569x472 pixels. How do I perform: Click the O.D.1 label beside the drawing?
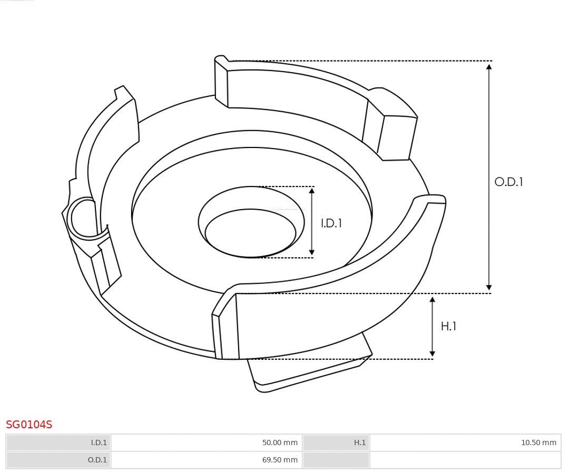(x=508, y=182)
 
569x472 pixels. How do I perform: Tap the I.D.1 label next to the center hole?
(x=331, y=223)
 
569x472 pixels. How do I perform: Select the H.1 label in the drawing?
(x=448, y=327)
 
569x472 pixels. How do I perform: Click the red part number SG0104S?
(x=29, y=425)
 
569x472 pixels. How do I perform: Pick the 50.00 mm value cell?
(x=206, y=442)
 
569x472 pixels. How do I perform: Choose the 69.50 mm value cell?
(x=206, y=460)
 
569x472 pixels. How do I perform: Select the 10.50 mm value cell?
(x=465, y=442)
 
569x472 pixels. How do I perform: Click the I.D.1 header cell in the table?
(x=58, y=442)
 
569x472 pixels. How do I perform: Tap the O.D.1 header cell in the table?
(x=58, y=460)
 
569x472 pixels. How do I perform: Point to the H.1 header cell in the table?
(x=336, y=442)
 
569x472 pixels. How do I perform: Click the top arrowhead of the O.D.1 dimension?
(x=489, y=66)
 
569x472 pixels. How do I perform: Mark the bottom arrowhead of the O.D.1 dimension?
(x=489, y=288)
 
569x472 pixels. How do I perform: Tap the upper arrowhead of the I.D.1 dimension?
(x=312, y=191)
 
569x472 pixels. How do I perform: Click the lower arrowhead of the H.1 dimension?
(x=433, y=353)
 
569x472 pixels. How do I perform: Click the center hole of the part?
(x=250, y=232)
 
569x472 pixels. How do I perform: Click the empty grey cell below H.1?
(x=336, y=460)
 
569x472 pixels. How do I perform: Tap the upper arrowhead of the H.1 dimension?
(x=433, y=300)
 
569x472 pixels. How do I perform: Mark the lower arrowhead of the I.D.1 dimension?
(x=312, y=252)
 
